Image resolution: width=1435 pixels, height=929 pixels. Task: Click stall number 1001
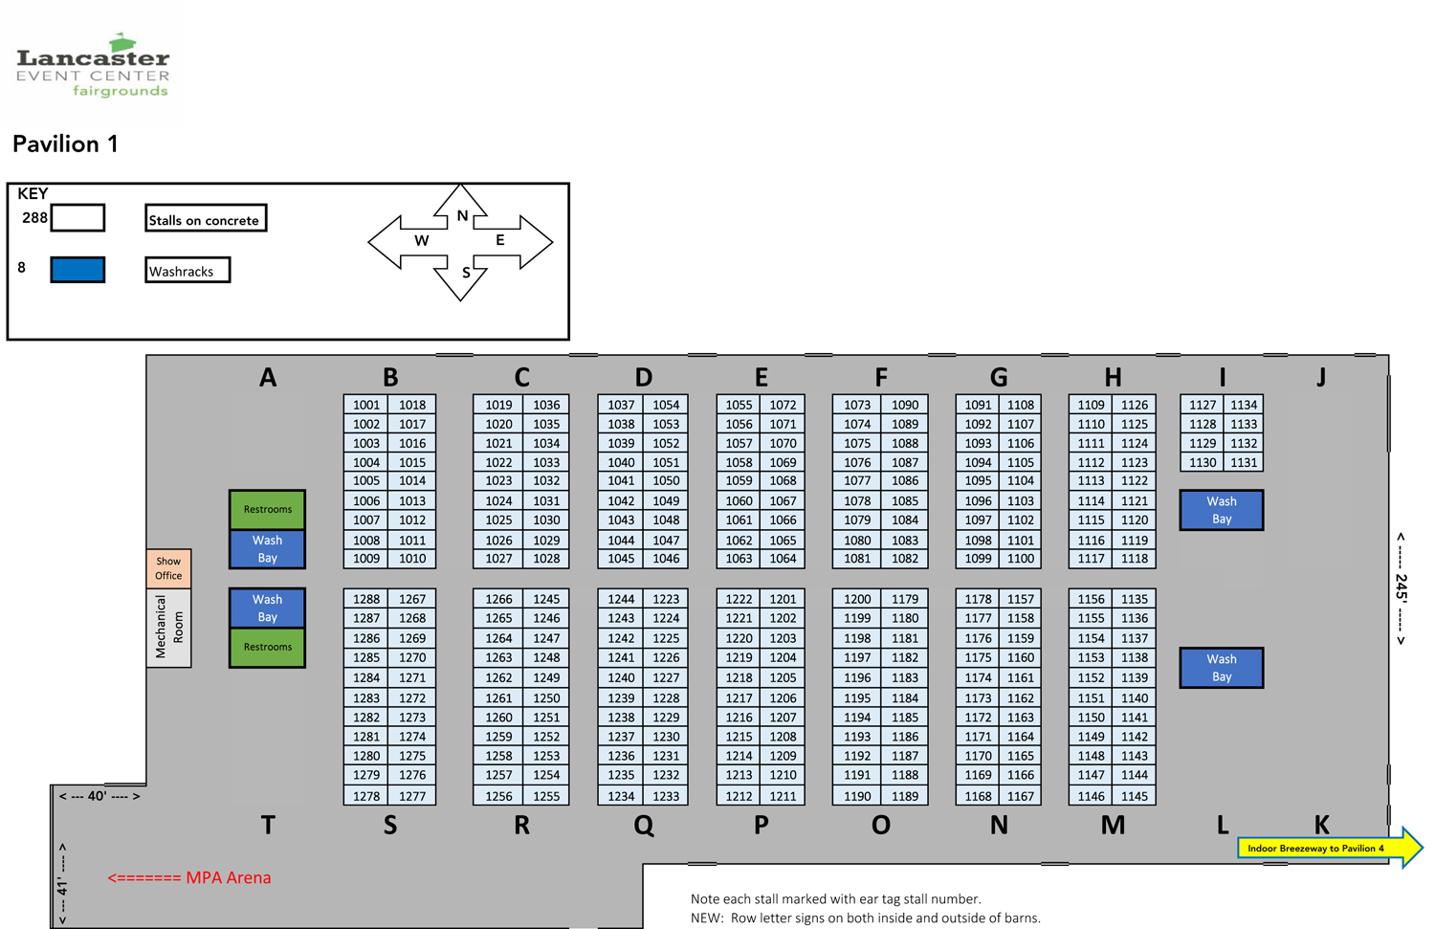[366, 405]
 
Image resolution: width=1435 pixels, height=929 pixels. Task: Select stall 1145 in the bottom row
[1135, 796]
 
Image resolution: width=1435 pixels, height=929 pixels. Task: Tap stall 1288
[366, 599]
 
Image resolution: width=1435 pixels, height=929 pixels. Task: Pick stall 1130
[1203, 462]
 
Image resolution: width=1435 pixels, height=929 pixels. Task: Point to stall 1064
[783, 559]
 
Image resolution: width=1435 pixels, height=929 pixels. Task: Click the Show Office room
[168, 568]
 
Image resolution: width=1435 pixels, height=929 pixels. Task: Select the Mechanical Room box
[168, 628]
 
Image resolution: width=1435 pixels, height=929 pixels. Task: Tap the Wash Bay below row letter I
[1221, 510]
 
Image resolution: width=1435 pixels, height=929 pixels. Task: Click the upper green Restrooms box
[267, 509]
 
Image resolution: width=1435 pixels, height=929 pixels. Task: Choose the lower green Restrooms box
[267, 647]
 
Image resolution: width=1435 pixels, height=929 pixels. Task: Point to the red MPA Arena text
[189, 877]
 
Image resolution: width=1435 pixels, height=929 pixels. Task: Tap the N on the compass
[462, 215]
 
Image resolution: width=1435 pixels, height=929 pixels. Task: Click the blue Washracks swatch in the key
[77, 270]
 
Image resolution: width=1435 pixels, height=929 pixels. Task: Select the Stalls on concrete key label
[205, 219]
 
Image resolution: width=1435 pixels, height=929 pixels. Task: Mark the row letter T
[268, 825]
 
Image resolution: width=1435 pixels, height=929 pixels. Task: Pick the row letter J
[1321, 377]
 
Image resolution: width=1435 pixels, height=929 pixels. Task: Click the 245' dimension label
[1401, 588]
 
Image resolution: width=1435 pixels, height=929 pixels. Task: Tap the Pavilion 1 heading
[65, 144]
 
